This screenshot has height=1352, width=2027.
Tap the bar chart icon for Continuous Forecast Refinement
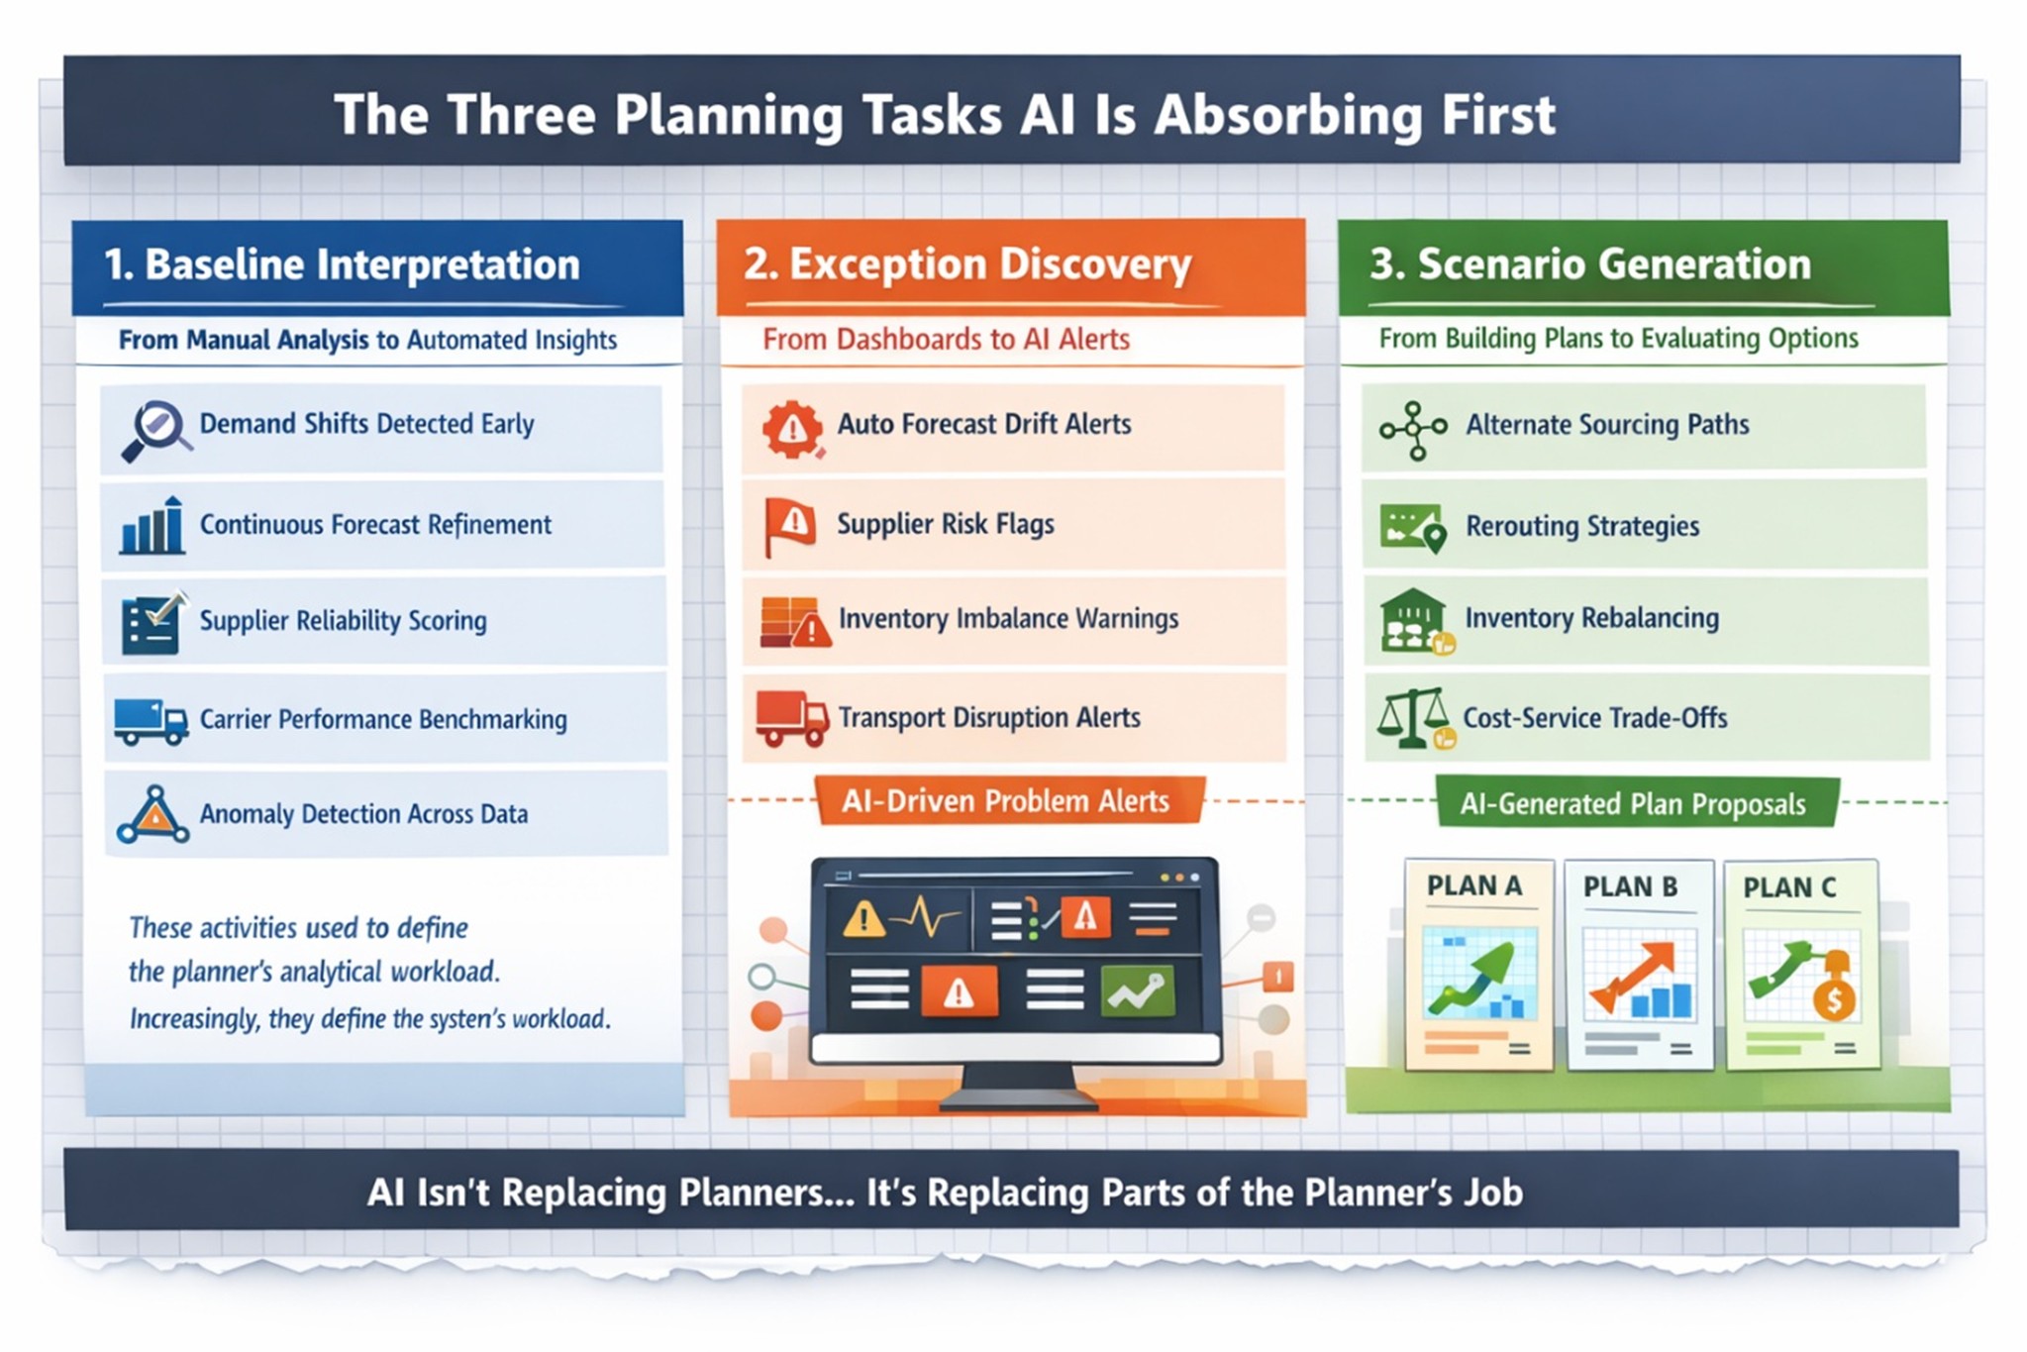click(x=152, y=525)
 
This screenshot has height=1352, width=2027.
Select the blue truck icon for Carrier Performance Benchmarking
click(x=151, y=721)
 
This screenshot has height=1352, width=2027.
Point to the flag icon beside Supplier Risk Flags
click(x=789, y=526)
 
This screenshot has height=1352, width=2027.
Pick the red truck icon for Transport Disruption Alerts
click(x=791, y=718)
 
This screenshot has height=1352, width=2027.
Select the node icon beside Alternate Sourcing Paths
click(x=1414, y=431)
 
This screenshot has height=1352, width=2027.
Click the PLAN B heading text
click(x=1630, y=886)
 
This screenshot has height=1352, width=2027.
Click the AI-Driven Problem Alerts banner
click(x=1007, y=800)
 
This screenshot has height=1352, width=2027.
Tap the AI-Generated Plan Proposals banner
click(x=1634, y=803)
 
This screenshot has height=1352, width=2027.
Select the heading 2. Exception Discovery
click(x=966, y=264)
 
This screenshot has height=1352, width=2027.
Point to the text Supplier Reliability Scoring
click(x=344, y=621)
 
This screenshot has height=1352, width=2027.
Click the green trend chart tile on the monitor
click(x=1138, y=990)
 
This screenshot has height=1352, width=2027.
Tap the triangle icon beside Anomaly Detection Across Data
click(x=152, y=815)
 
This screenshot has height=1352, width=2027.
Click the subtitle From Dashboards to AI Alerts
click(x=946, y=340)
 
